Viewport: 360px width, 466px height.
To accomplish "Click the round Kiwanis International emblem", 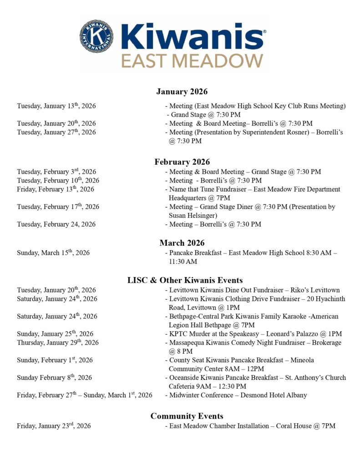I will tap(97, 36).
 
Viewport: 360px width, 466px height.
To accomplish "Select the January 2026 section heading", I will tap(182, 92).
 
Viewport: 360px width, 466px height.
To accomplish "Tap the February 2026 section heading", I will tap(182, 162).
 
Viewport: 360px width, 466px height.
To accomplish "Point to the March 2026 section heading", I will tap(182, 243).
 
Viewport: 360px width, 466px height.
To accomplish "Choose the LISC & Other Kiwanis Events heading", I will tap(185, 280).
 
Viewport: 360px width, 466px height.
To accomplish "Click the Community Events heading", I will tap(187, 416).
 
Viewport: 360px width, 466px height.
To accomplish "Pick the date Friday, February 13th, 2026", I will tap(56, 189).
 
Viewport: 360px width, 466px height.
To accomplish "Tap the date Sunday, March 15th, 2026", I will tap(53, 253).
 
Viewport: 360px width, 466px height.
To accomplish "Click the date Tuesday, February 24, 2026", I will tap(56, 224).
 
